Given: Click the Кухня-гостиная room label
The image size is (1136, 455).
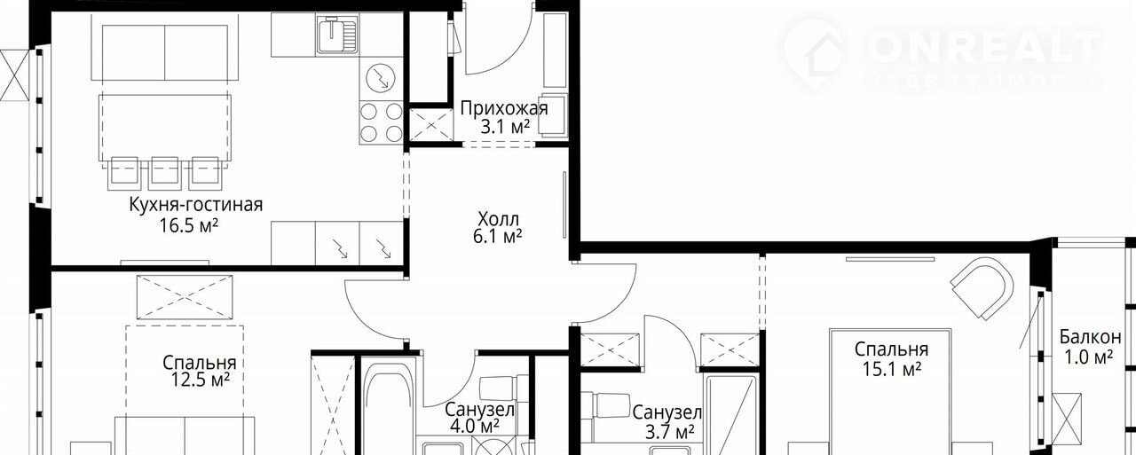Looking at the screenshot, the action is [x=196, y=205].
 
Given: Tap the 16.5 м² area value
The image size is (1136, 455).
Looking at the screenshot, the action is [x=189, y=225].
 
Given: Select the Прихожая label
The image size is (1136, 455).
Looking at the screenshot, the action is [x=504, y=108].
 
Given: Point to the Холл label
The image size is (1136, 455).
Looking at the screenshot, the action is [x=498, y=219].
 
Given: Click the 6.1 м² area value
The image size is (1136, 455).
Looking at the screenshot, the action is [x=498, y=237].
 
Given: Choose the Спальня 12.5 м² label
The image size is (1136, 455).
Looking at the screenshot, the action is [x=200, y=372].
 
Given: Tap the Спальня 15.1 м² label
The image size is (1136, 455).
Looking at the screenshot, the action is [x=892, y=358].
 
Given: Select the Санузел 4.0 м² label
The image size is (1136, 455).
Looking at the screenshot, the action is [x=479, y=418].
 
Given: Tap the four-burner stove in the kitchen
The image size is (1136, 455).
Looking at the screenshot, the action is [x=381, y=122].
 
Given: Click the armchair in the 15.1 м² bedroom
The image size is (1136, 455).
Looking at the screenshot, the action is [x=982, y=287].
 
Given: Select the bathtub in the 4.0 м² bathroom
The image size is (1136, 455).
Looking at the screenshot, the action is [x=388, y=405].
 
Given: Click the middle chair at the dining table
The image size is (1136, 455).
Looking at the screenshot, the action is [x=165, y=173].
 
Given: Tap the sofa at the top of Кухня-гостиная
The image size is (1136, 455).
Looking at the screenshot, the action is [x=165, y=51].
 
